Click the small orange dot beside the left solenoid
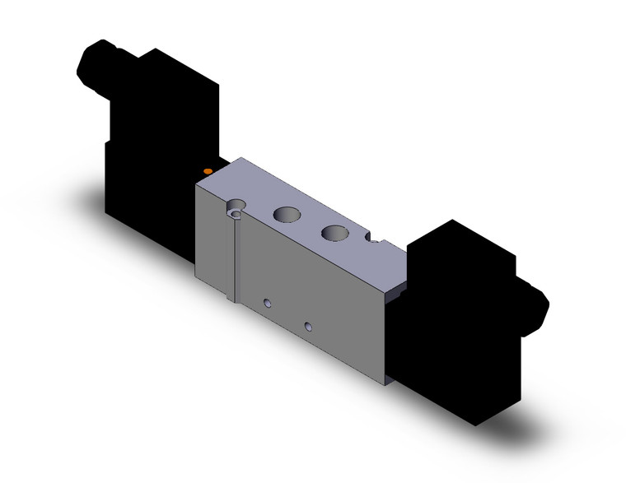point(207,170)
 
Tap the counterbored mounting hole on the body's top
point(238,210)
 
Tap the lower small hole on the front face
point(308,327)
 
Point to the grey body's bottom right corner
point(385,383)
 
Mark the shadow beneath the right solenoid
point(511,428)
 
